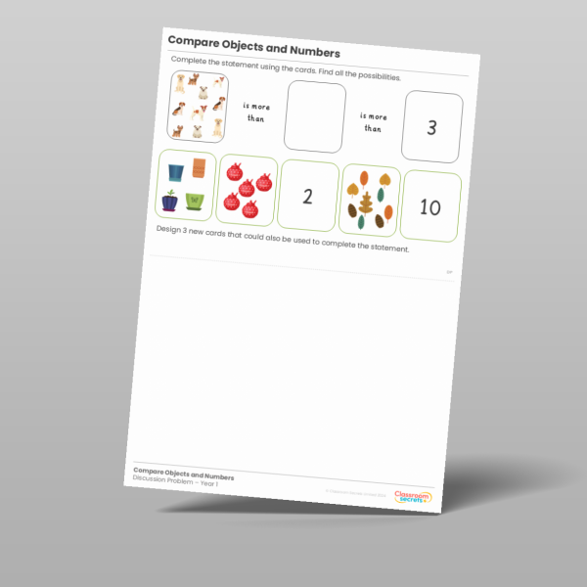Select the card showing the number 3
pos(431,128)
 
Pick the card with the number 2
pos(307,196)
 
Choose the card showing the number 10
pos(430,206)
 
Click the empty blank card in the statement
pos(315,117)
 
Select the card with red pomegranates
pos(245,188)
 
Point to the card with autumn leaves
pos(369,200)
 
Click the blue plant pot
pos(176,172)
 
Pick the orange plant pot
pos(200,168)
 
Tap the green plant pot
pos(195,202)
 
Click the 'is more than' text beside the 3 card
pos(374,120)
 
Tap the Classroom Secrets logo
pos(412,497)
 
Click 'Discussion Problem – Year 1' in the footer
pos(176,479)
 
